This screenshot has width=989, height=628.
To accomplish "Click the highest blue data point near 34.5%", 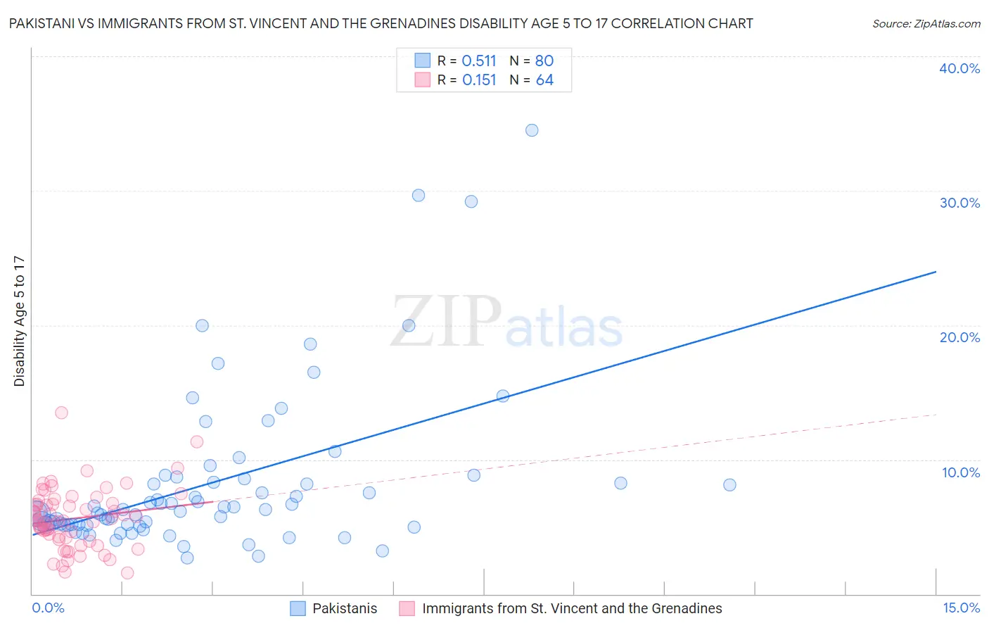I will click(532, 130).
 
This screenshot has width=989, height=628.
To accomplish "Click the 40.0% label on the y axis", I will click(959, 68).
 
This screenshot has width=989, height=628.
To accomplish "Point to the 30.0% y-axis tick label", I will click(959, 203).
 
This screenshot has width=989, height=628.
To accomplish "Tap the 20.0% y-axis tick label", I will click(959, 337).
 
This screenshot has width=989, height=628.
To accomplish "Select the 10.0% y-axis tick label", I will click(959, 472).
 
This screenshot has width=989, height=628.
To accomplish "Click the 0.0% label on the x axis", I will click(48, 608).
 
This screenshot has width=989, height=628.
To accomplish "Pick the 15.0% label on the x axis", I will click(961, 608).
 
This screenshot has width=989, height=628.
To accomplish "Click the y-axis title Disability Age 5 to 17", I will click(20, 321).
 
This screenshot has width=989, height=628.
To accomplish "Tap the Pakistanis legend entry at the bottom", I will click(344, 608).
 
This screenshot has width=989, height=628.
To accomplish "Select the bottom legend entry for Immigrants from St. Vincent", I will click(571, 608).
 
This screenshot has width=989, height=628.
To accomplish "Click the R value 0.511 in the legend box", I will click(479, 61).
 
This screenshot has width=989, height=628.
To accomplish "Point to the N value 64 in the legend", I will click(544, 80).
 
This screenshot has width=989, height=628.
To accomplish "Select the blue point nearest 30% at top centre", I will click(419, 196).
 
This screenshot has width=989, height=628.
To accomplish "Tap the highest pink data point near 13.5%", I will click(61, 413).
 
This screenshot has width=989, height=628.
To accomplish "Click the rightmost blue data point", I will click(729, 485).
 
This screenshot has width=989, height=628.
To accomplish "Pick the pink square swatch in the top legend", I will click(422, 80).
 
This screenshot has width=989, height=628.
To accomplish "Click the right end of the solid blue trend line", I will click(936, 272).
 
